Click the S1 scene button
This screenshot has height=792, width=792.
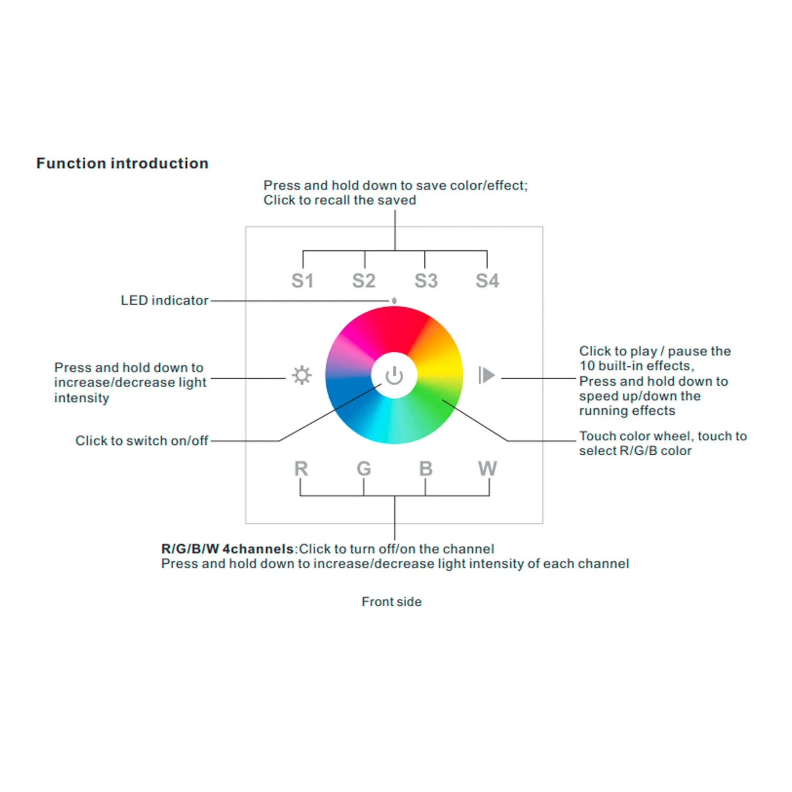pos(302,281)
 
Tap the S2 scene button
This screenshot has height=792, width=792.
pos(364,281)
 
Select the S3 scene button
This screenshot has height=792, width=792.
pos(426,281)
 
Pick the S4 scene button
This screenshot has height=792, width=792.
pos(487,281)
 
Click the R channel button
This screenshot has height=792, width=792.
pos(301,468)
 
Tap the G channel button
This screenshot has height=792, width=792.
pos(364,468)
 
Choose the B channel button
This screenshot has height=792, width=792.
pos(426,468)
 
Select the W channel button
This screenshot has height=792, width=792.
pos(488,468)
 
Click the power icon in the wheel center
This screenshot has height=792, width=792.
pos(394,376)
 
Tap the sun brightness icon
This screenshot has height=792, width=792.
pos(302,375)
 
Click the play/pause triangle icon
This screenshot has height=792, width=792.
pos(487,375)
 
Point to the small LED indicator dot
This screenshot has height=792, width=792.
pos(394,300)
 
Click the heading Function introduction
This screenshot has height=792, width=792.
pos(122,163)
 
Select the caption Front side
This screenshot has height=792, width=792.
pos(392,601)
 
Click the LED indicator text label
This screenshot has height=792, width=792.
pos(164,300)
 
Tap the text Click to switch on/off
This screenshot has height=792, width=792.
pos(141,440)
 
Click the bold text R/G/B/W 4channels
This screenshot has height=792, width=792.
pos(227,548)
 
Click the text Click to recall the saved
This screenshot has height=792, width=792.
pos(339,200)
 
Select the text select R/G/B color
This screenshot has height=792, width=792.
pos(635,450)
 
